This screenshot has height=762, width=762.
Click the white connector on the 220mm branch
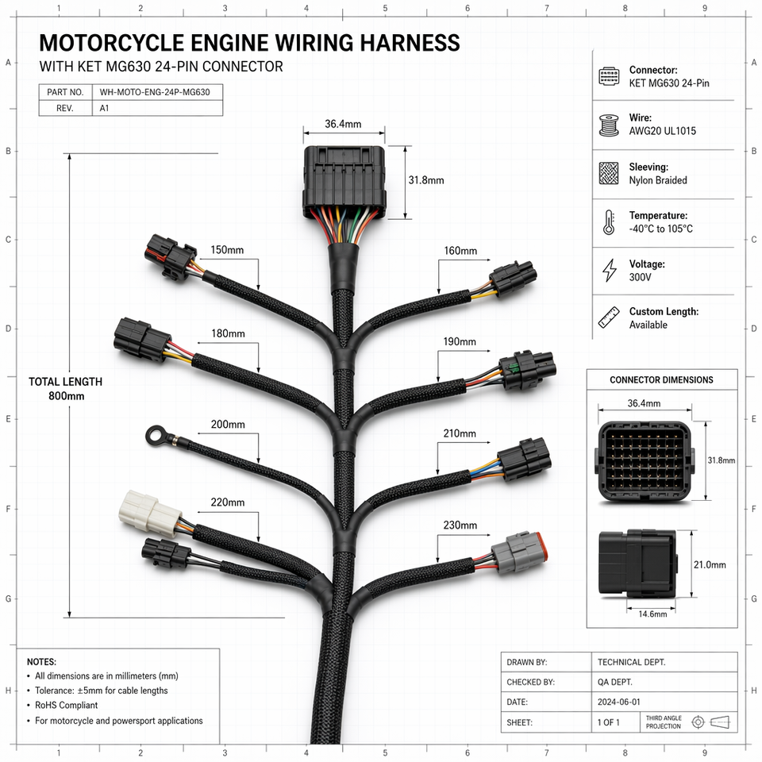coord(150,514)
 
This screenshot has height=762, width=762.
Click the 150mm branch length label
coord(227,250)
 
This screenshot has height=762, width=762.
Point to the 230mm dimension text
coord(460,525)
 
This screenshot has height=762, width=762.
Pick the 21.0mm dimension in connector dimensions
coord(710,564)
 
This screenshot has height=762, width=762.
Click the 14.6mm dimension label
coord(652,614)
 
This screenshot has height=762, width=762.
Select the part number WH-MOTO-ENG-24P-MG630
coord(155,92)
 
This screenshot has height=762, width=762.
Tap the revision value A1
coord(104,109)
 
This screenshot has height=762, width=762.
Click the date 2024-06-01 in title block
coord(618,702)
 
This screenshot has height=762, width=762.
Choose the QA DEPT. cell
coord(614,683)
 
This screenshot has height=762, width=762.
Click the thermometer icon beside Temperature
coord(609,222)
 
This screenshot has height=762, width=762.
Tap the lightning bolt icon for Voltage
coord(609,270)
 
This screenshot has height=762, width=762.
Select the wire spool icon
coord(609,125)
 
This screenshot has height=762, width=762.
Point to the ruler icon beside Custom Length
coord(609,317)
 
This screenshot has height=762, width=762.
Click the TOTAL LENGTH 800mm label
coord(66,389)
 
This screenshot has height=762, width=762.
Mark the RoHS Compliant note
coord(66,705)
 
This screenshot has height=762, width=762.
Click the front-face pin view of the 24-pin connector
coord(645,460)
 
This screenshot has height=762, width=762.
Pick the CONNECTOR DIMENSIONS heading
coord(661,380)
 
